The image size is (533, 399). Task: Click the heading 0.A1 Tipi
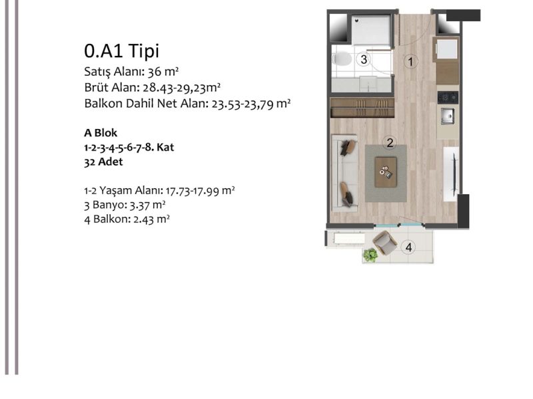[121, 51]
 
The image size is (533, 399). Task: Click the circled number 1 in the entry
[410, 61]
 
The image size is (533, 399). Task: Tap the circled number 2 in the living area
[390, 142]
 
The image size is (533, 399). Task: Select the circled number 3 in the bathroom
[363, 59]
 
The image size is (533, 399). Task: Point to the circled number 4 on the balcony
[408, 247]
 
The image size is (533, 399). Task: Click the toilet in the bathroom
[342, 59]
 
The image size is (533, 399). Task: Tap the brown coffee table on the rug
[386, 172]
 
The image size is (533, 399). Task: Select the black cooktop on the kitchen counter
[448, 97]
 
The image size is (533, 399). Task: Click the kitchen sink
[447, 116]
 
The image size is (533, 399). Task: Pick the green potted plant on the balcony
[370, 255]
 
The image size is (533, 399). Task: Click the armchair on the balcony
[384, 242]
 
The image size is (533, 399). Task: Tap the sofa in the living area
[344, 173]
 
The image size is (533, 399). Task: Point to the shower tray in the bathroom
[371, 29]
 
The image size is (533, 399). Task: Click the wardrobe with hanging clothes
[362, 108]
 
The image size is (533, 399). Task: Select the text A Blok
[101, 132]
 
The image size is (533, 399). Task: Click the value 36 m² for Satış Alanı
[163, 72]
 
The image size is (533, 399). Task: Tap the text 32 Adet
[103, 162]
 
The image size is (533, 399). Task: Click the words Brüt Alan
[111, 88]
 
